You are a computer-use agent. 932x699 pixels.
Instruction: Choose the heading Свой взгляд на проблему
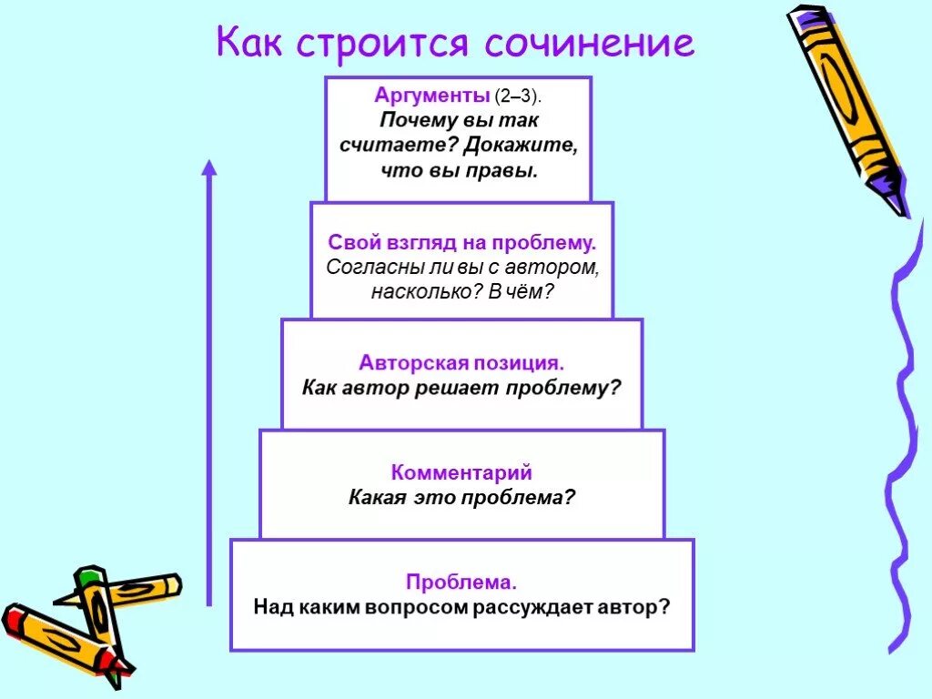461,244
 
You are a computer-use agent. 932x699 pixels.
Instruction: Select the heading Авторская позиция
461,362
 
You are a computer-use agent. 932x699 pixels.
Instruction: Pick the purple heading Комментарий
461,473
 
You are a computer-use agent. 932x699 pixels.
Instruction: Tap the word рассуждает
530,606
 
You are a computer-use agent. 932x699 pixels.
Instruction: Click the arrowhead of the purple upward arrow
209,168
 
